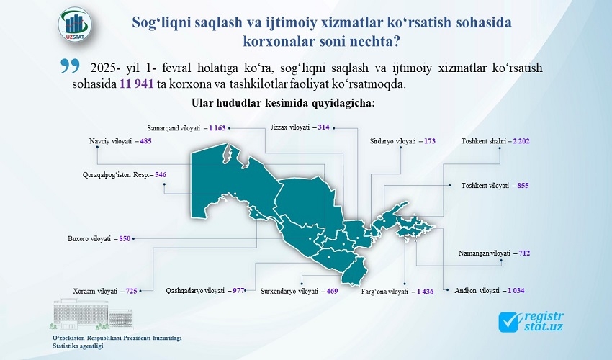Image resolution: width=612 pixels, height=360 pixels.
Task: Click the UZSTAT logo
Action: [76, 24]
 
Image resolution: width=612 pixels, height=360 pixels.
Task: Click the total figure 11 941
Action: [136, 84]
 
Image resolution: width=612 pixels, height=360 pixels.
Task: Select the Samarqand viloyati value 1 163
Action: [217, 127]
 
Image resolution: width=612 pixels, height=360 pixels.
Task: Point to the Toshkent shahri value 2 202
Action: [521, 141]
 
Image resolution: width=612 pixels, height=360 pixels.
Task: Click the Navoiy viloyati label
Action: [110, 141]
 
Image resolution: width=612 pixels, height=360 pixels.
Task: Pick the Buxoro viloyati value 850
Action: [125, 238]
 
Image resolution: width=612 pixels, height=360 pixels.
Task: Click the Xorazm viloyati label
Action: [95, 292]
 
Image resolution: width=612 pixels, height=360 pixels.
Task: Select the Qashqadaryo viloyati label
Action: [195, 291]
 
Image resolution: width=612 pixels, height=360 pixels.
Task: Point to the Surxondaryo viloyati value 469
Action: [332, 291]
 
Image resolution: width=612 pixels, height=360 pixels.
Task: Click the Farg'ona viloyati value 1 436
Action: [425, 292]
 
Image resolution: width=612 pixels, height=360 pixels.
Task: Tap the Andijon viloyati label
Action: [477, 291]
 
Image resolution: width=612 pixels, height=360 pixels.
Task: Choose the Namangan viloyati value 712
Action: [524, 253]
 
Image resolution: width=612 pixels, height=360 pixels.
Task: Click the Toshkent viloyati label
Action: [485, 186]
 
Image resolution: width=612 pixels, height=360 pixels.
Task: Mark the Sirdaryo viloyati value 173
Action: [429, 141]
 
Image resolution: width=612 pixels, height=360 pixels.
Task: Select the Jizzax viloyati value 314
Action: [323, 127]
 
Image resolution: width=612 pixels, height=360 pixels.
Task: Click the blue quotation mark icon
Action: [71, 66]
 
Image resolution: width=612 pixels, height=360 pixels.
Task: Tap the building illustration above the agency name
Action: [91, 315]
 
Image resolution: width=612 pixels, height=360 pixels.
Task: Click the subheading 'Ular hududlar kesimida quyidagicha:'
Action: [283, 103]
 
